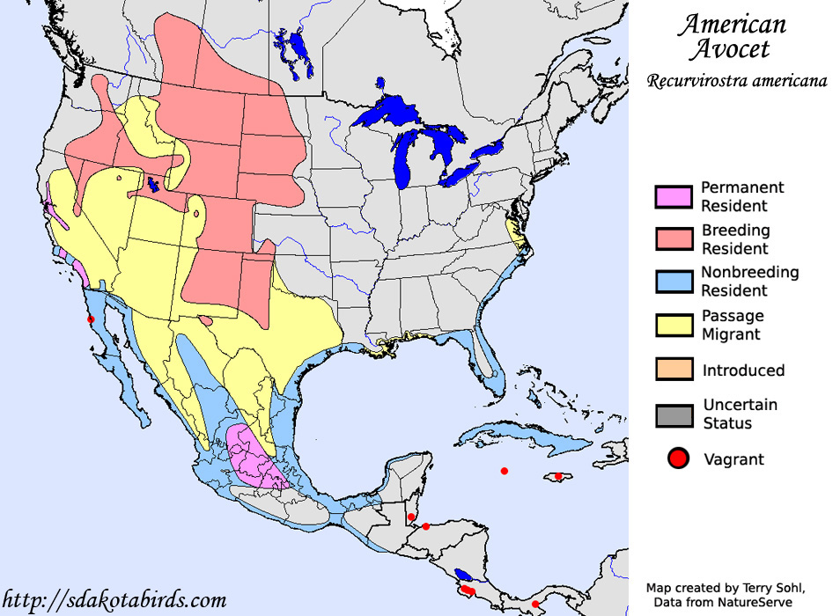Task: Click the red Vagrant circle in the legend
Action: click(677, 458)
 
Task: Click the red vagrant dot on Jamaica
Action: click(558, 476)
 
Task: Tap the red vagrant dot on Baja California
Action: click(91, 319)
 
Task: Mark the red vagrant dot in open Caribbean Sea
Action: click(505, 471)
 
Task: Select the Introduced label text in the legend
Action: click(743, 370)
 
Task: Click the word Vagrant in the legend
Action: click(733, 459)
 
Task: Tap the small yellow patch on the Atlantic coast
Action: click(514, 232)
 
